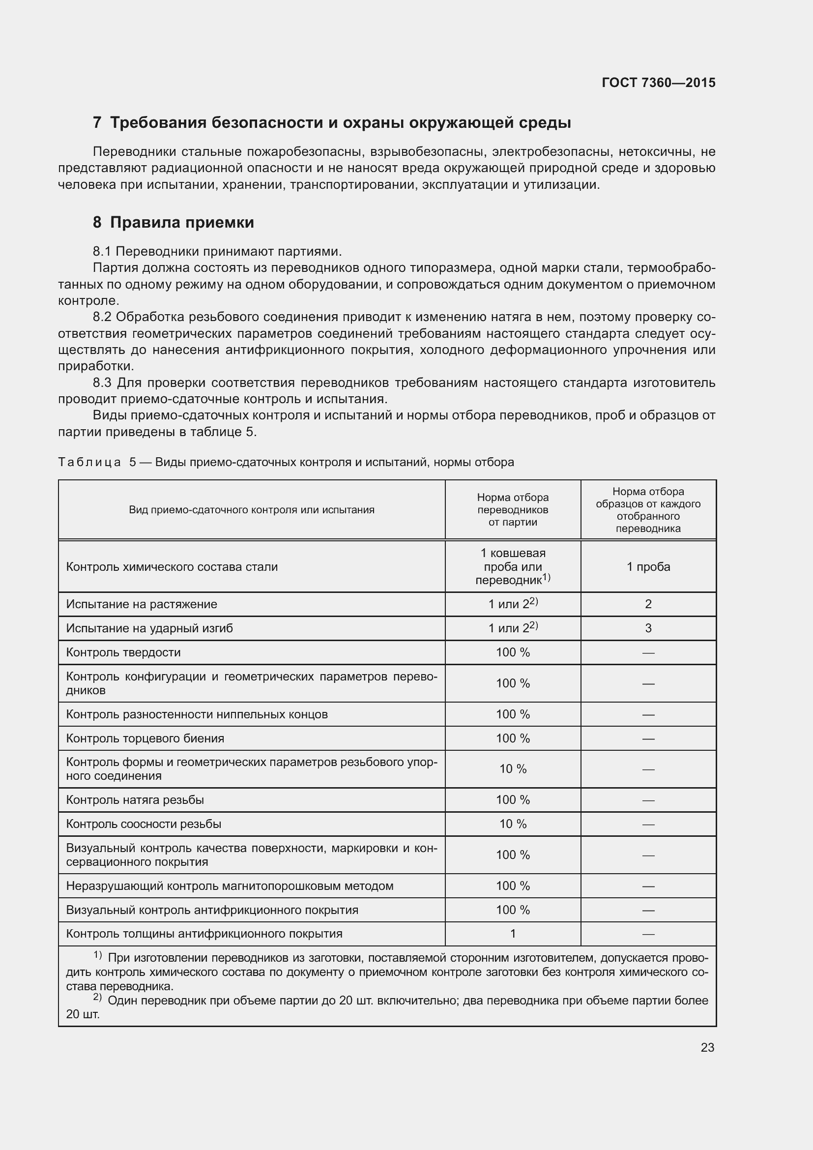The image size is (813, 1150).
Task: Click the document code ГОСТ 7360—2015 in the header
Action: click(658, 83)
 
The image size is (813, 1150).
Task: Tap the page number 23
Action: click(707, 1047)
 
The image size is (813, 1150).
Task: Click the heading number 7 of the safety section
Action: click(97, 123)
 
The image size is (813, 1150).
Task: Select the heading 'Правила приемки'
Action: click(182, 222)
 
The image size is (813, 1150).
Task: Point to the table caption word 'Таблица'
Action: click(89, 462)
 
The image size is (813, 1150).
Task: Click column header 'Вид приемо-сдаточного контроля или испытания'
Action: click(251, 510)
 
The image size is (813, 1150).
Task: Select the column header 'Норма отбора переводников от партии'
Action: click(513, 510)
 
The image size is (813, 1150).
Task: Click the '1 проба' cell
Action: click(648, 567)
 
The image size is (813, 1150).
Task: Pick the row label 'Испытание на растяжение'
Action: click(142, 604)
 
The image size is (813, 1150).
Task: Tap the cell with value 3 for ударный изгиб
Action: click(648, 628)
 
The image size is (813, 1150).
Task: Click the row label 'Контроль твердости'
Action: click(123, 652)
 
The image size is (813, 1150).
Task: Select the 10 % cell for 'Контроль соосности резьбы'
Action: click(513, 824)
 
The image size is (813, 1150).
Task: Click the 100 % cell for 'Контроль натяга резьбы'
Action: click(513, 800)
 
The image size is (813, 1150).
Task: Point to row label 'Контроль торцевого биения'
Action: click(145, 738)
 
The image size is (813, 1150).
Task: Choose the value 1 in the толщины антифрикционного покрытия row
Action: click(513, 934)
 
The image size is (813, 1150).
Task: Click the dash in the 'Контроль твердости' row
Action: click(648, 652)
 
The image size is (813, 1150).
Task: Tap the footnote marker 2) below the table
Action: click(97, 998)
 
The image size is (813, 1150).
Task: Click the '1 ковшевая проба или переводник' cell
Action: click(513, 566)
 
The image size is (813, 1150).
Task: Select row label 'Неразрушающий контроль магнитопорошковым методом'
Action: click(229, 886)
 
